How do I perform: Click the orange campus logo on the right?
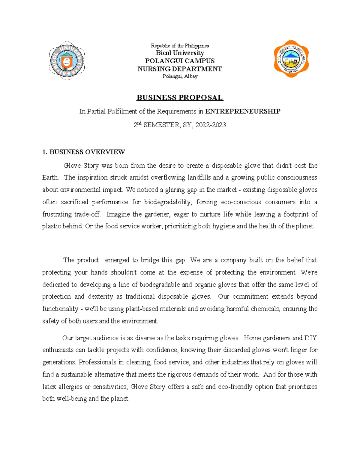[x=291, y=59]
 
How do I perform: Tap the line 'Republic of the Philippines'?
[x=180, y=46]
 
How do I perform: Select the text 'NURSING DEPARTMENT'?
[x=180, y=69]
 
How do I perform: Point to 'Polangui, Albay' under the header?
[x=180, y=76]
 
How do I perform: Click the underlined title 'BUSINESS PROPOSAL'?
[x=180, y=98]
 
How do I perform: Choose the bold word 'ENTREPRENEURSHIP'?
[x=243, y=111]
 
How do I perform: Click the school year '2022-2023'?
[x=211, y=125]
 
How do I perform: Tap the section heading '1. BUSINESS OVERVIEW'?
[x=83, y=152]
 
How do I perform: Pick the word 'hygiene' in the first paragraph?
[x=224, y=226]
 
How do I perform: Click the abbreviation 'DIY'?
[x=310, y=338]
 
